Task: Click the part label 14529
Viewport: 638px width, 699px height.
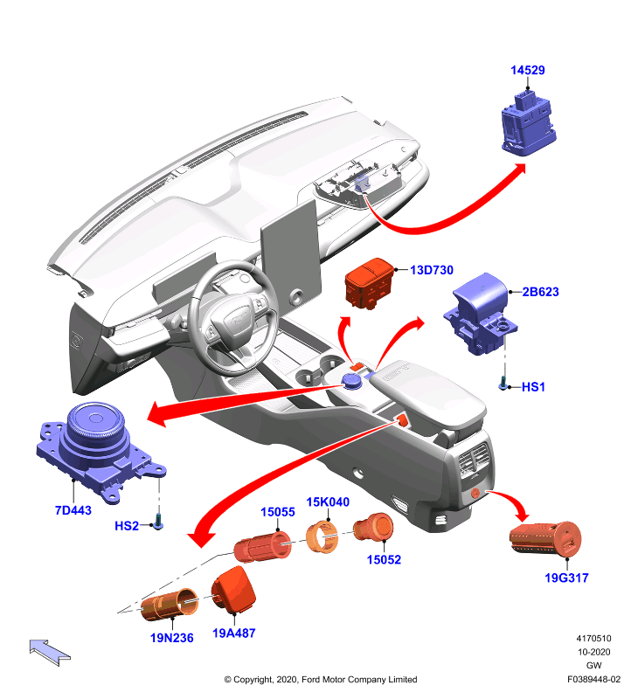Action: [x=527, y=70]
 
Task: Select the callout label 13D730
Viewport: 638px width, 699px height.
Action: [x=432, y=270]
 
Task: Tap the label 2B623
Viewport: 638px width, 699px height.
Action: [x=540, y=292]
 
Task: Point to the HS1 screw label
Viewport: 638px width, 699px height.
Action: [x=533, y=386]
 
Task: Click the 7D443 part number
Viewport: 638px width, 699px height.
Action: [x=73, y=510]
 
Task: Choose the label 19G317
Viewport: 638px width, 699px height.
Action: [x=566, y=578]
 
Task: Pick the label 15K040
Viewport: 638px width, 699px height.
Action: [x=328, y=502]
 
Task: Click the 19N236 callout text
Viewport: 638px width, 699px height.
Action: [x=172, y=638]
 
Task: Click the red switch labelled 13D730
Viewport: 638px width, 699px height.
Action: [x=369, y=283]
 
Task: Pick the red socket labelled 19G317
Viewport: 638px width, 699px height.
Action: [x=545, y=539]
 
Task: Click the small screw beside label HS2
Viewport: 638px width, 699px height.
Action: [x=158, y=522]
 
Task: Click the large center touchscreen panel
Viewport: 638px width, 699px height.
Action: [x=291, y=253]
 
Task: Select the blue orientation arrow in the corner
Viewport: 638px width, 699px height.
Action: [x=50, y=652]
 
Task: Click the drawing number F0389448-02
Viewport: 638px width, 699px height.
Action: [x=593, y=680]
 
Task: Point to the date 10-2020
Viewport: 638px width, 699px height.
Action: [x=593, y=652]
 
